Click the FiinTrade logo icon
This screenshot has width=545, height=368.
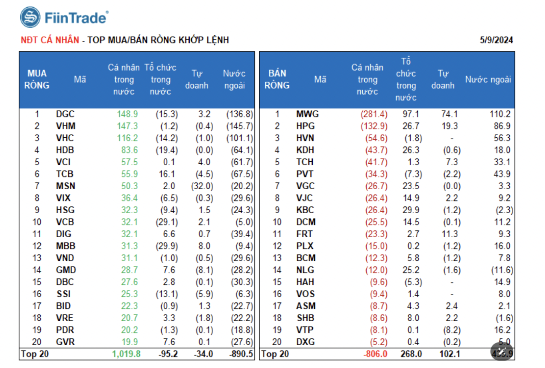(x=30, y=17)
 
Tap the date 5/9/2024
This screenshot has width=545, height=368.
(x=496, y=40)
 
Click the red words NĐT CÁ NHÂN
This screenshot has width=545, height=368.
(x=50, y=40)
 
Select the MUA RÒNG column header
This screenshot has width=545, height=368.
(x=37, y=79)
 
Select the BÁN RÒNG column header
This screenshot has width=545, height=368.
(x=277, y=79)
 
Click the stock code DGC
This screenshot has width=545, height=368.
(x=65, y=114)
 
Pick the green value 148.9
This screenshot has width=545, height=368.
(x=127, y=114)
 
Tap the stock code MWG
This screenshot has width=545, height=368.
(x=307, y=114)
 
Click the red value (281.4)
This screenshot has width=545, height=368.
(x=374, y=114)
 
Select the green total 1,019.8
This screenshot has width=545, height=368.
(x=126, y=354)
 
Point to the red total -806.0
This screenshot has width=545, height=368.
(x=375, y=354)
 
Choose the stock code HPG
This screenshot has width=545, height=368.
(x=305, y=126)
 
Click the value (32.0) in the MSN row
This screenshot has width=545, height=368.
(x=202, y=186)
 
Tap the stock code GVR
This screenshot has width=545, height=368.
(x=65, y=342)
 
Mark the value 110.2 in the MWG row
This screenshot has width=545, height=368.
(x=500, y=114)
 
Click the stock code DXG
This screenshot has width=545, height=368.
(x=305, y=342)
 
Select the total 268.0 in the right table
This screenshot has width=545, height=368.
(x=411, y=354)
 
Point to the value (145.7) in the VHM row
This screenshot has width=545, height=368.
(x=240, y=126)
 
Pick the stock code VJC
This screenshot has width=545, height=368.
(x=305, y=198)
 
